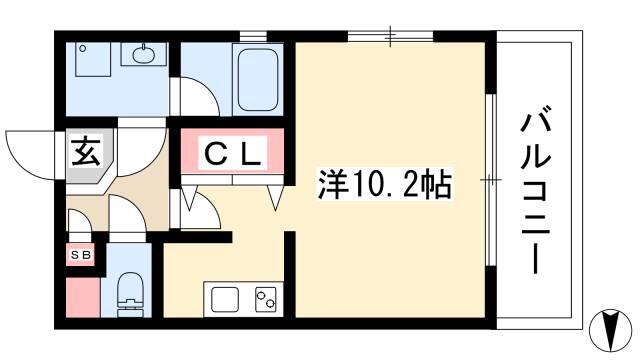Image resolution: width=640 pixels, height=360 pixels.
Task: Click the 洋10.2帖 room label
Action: tap(384, 185)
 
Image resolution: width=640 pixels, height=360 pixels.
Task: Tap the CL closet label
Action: tap(232, 154)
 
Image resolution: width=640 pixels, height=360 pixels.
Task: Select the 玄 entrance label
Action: tap(86, 151)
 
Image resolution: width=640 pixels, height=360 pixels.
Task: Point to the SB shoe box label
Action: tap(81, 255)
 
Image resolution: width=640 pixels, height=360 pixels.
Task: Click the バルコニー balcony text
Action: tap(536, 190)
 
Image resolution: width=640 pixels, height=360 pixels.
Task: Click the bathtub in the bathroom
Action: tap(258, 80)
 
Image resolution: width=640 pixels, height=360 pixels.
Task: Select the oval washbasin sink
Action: tap(144, 55)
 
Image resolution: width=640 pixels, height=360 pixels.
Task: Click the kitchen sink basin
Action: tap(224, 299)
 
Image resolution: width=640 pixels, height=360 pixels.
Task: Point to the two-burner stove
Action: tap(265, 299)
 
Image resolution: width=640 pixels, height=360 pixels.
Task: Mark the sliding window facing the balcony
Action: tap(491, 180)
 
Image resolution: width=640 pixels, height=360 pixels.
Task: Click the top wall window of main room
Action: tap(390, 36)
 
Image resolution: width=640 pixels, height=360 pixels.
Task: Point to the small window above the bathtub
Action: tap(253, 36)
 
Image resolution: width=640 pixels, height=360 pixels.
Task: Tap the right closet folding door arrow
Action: tap(275, 198)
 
